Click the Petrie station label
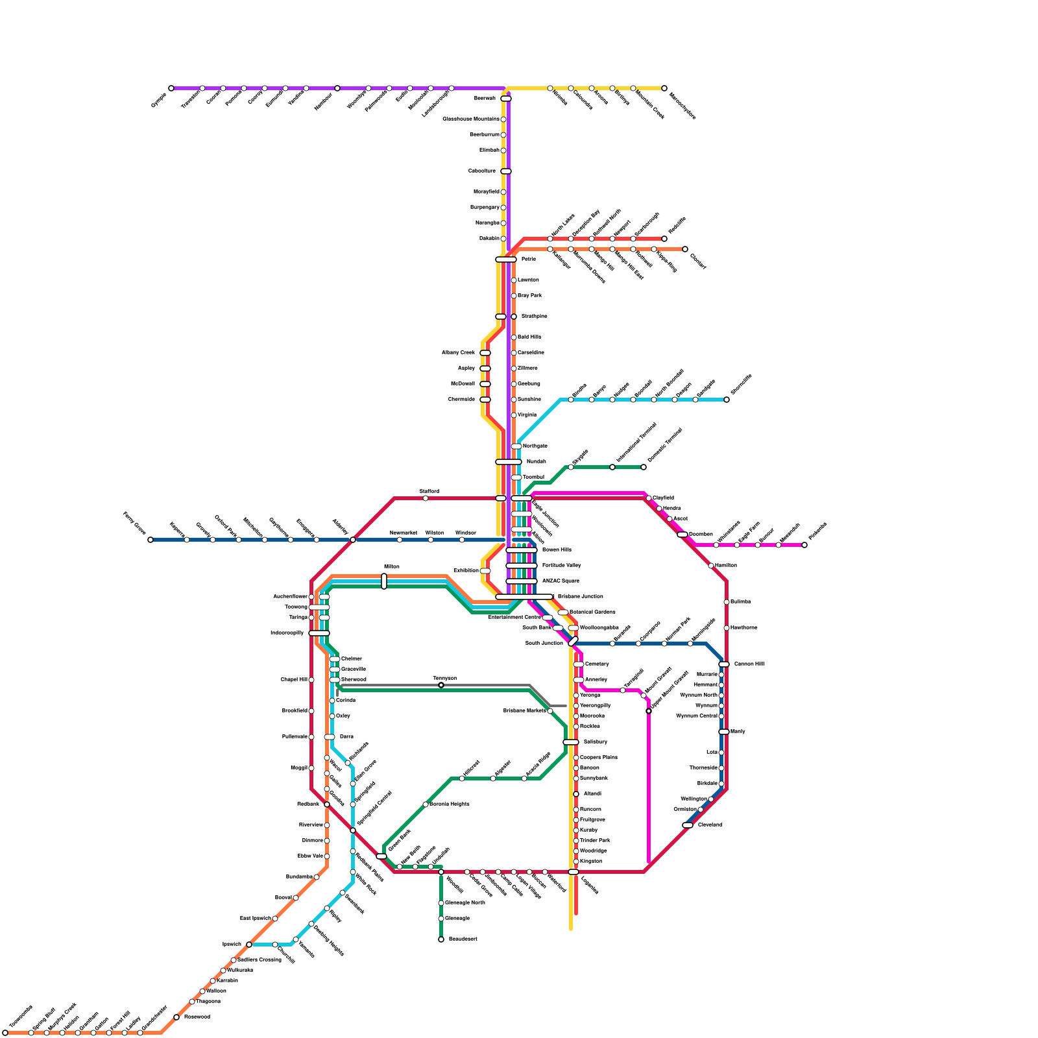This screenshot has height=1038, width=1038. click(x=529, y=259)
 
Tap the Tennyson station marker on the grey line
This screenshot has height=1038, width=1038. click(x=441, y=685)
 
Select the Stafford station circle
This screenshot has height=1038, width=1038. click(x=426, y=498)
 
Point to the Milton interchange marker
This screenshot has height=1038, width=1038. click(x=384, y=581)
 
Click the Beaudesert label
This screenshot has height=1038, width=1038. click(x=463, y=939)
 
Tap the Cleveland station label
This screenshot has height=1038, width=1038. click(x=710, y=825)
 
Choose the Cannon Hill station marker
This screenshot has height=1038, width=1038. click(x=724, y=664)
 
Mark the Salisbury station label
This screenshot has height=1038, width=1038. click(x=595, y=742)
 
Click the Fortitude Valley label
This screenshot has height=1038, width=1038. click(x=561, y=566)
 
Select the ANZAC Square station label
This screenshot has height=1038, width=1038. click(x=561, y=581)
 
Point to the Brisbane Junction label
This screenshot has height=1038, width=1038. click(x=580, y=597)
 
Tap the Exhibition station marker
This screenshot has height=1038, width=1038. click(x=485, y=571)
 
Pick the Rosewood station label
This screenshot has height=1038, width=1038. click(x=197, y=1017)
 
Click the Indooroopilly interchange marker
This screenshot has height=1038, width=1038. click(x=319, y=633)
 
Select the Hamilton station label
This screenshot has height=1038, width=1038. click(x=726, y=566)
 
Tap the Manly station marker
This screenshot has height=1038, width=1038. click(x=724, y=732)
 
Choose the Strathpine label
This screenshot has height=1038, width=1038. click(x=534, y=317)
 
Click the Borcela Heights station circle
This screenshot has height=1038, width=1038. click(x=426, y=804)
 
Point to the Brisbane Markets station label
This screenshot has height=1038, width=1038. click(x=524, y=711)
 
